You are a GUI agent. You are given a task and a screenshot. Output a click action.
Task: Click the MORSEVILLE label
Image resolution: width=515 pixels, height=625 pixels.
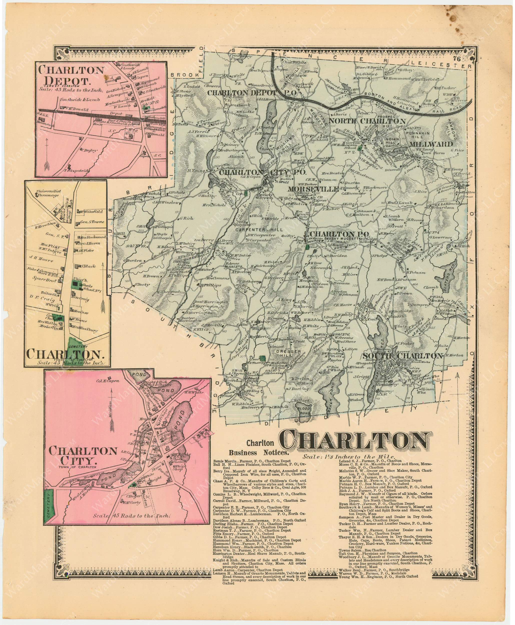(x=313, y=189)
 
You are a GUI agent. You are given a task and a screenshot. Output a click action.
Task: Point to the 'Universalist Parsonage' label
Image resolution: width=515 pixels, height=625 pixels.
(x=48, y=193)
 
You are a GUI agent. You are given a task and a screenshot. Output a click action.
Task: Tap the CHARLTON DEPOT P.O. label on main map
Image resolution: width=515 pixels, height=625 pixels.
(x=252, y=93)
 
